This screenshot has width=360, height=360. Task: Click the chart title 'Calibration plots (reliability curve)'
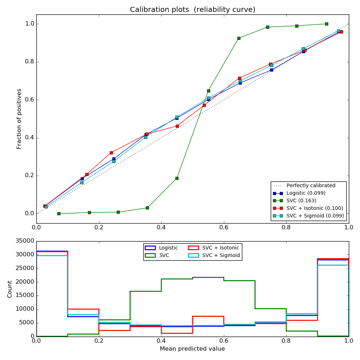193,10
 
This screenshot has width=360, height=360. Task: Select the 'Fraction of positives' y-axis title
19,119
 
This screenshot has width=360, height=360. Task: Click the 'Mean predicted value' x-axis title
192,348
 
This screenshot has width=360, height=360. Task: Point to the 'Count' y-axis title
10,289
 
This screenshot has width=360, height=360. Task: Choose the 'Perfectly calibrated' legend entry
311,185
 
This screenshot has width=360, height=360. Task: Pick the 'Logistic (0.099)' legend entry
308,193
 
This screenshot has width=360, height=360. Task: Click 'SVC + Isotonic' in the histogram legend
220,248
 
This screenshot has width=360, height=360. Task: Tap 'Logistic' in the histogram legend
168,248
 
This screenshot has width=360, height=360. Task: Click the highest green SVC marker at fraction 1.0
327,24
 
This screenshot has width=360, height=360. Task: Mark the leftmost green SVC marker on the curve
59,213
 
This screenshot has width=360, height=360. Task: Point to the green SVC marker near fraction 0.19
177,178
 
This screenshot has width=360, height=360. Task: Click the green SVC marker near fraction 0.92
239,38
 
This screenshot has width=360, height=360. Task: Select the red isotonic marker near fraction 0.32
111,153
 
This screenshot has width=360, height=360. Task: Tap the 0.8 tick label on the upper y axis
29,62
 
